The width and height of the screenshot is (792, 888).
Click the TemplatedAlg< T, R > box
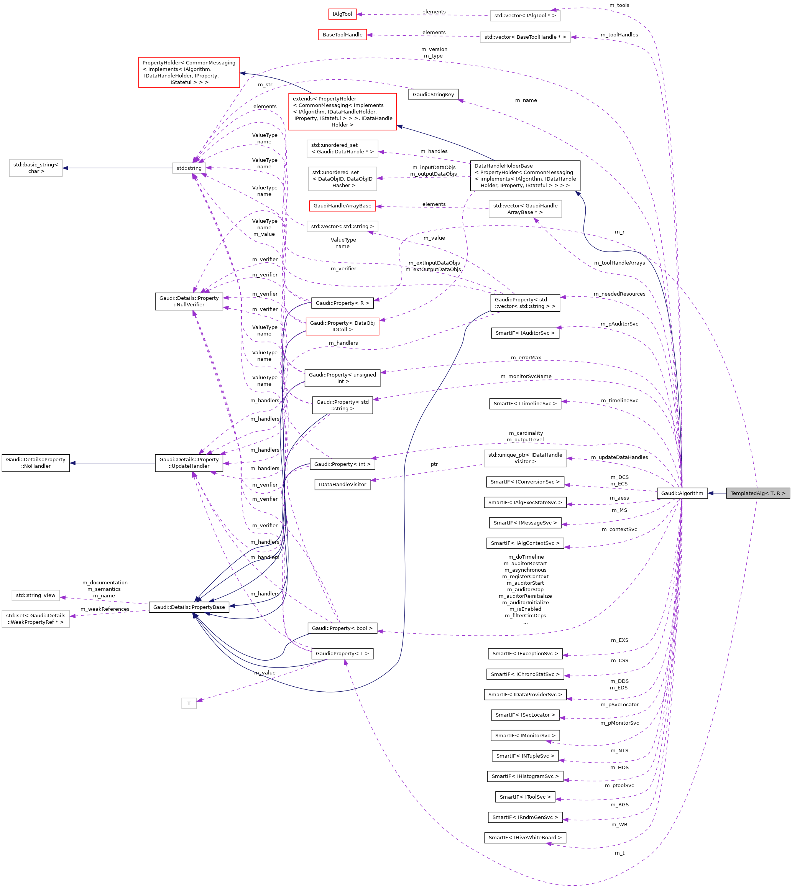pos(757,493)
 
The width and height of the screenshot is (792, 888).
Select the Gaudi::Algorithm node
pos(682,493)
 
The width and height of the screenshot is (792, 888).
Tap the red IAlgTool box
pos(342,14)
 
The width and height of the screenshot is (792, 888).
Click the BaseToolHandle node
pos(342,35)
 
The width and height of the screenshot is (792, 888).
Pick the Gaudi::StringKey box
pos(433,94)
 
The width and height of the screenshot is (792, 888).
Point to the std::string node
pos(189,168)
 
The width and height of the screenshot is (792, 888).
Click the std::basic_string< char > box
pos(36,168)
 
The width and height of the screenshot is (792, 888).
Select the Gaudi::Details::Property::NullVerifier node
pos(189,301)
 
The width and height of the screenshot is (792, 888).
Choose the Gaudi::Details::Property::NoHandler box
pos(36,463)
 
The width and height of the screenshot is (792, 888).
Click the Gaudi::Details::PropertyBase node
pos(189,607)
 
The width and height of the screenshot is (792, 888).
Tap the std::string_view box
pos(36,595)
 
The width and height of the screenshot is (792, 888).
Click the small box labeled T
pos(189,703)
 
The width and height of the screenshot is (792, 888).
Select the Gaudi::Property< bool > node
pos(342,628)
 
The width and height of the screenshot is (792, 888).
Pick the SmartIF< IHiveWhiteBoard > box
pos(525,837)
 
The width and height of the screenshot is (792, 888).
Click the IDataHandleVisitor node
pos(342,485)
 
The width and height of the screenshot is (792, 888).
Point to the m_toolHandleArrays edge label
pos(619,263)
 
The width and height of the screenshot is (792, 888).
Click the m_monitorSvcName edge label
pos(526,376)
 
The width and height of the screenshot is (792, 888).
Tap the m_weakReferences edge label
pos(105,609)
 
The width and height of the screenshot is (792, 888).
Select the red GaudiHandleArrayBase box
pos(342,206)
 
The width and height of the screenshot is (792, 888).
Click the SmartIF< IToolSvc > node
pos(525,797)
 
